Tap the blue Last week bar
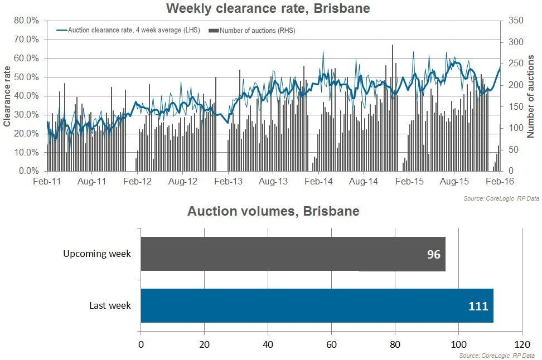click(317, 305)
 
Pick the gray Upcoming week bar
click(293, 254)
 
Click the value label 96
click(434, 254)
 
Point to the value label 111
click(478, 306)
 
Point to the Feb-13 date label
click(229, 182)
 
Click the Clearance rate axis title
click(7, 96)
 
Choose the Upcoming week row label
click(97, 254)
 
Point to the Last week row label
click(110, 306)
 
